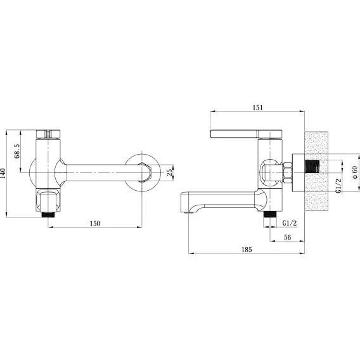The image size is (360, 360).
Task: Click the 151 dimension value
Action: pos(257,108)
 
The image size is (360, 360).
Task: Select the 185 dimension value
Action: pos(247,249)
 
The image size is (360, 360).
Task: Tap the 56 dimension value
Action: pos(288,237)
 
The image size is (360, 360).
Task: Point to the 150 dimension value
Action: pos(95,223)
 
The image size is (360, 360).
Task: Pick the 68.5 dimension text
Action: pos(17,151)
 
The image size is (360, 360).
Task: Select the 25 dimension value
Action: pos(169,172)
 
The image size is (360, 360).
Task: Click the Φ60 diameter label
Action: pos(354,172)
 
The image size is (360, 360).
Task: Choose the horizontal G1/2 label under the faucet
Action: pos(290,223)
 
